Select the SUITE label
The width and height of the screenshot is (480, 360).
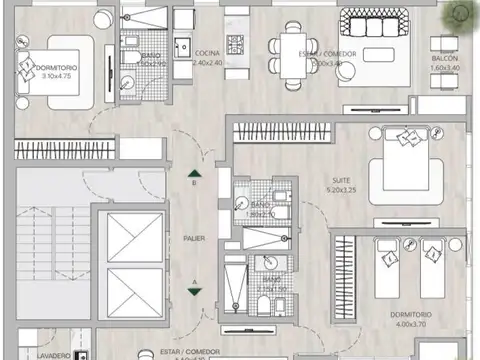tap(341, 181)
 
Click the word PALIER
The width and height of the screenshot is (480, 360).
tap(194, 238)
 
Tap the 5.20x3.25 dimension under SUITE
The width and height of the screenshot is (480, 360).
tap(341, 190)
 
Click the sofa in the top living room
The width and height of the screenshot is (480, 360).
tap(372, 23)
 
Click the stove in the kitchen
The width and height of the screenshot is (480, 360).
tap(237, 43)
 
